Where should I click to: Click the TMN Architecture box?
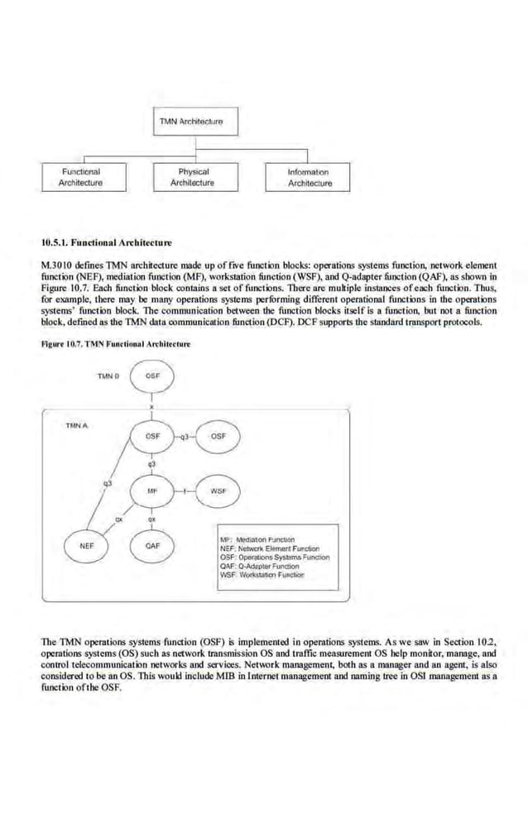(x=191, y=122)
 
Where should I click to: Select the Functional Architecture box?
(x=80, y=177)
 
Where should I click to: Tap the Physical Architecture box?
(x=192, y=177)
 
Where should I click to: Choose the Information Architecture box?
(x=308, y=178)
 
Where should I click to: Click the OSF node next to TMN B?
(x=152, y=376)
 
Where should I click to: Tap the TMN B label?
(x=108, y=376)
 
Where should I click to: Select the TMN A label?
(x=77, y=425)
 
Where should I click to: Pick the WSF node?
(x=218, y=491)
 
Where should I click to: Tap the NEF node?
(x=86, y=546)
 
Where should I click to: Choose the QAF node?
(x=152, y=546)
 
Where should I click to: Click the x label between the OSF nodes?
(x=152, y=406)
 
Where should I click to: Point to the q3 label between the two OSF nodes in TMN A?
(x=186, y=435)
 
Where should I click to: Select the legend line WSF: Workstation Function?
(x=263, y=575)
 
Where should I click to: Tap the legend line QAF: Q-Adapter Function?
(x=259, y=566)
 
